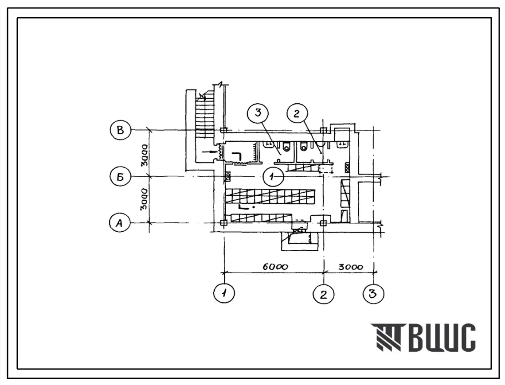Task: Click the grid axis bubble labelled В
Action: tap(120, 130)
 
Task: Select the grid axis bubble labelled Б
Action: tap(120, 177)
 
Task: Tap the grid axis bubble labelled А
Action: tap(119, 223)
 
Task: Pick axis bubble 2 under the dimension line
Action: tap(323, 294)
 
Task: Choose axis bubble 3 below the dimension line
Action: tap(373, 294)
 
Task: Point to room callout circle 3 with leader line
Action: tap(258, 113)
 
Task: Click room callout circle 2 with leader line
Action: tap(297, 113)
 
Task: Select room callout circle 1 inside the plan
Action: tap(273, 176)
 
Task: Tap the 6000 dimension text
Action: tap(275, 267)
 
